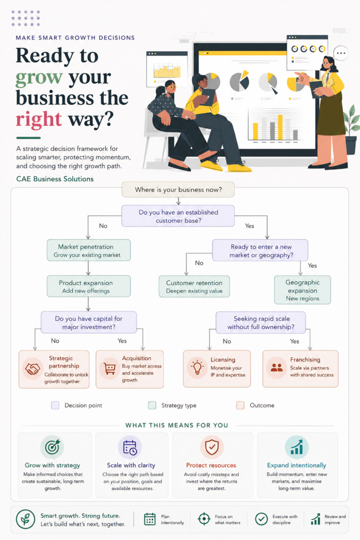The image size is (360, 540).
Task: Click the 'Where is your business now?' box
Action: tap(178, 189)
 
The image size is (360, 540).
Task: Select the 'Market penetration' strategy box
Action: tap(89, 250)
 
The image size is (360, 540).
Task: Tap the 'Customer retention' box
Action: tap(194, 286)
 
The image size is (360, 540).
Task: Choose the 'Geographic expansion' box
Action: tap(303, 290)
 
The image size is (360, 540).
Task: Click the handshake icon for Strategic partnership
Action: tap(32, 369)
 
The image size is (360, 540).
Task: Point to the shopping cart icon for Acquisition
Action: tap(110, 369)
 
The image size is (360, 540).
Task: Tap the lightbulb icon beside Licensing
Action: tap(197, 368)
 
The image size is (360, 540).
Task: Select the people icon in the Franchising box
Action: tap(276, 368)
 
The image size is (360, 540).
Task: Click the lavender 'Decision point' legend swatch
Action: tap(55, 406)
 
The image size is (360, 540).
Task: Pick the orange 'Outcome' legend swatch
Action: tap(240, 406)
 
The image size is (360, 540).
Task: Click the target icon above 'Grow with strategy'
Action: tap(52, 447)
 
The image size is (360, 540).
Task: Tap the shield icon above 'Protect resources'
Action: tap(212, 447)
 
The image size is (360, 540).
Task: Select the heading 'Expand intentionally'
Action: tap(297, 465)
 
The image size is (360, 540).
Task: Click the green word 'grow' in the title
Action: tap(39, 77)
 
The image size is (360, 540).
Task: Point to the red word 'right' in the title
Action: tap(39, 120)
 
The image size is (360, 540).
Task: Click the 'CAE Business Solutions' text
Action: tap(55, 179)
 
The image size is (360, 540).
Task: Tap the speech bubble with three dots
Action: tap(340, 53)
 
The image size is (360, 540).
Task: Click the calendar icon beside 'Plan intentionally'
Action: tap(150, 519)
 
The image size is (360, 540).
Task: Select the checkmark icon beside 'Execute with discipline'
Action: tap(261, 519)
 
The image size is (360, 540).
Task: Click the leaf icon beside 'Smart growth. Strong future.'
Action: tap(25, 519)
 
